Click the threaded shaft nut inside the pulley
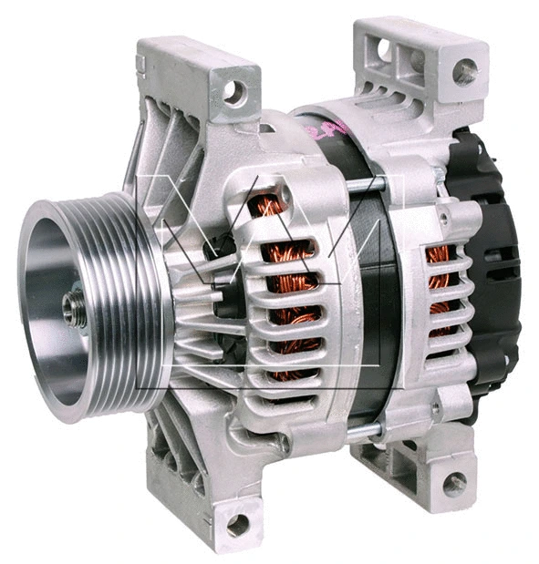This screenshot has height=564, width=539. tap(74, 307)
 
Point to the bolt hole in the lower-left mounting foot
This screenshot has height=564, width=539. tap(237, 523)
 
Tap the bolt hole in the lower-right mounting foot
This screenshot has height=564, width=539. tap(453, 483)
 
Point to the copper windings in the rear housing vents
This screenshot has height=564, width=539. tap(440, 282)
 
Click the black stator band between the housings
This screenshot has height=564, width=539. tap(369, 301)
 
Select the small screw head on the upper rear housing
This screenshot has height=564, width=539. tap(444, 219)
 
